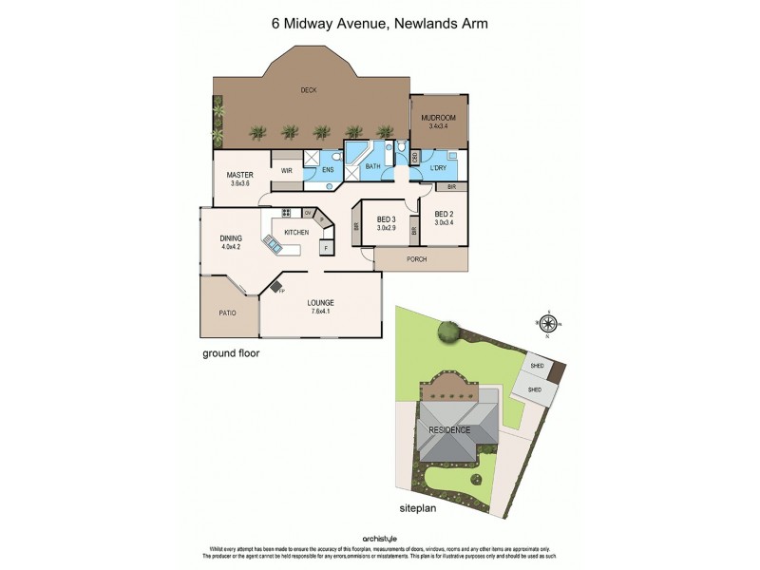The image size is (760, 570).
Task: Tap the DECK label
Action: click(308, 90)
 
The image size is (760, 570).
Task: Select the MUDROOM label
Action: click(438, 120)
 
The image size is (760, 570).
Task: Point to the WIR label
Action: click(285, 170)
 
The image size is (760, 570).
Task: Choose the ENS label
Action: click(328, 170)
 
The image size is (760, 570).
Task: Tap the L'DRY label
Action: click(438, 168)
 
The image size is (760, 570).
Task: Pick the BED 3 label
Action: click(385, 224)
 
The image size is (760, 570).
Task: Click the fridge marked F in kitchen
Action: click(326, 248)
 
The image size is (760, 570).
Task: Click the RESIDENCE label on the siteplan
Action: click(448, 429)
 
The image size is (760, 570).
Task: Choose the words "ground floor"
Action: click(231, 352)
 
